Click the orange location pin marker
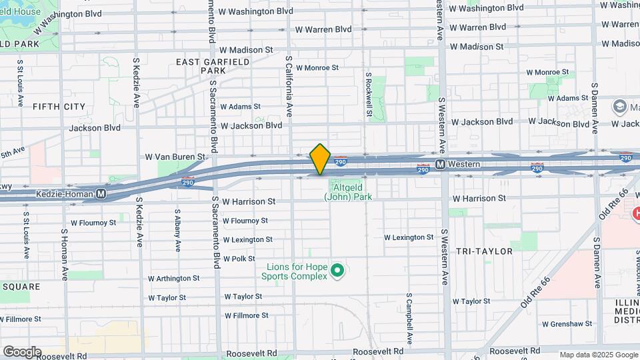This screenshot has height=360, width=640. point(321,159)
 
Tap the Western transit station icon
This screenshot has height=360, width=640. point(441,164)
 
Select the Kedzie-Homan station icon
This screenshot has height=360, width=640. point(101,194)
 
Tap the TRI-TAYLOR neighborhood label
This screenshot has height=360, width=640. point(484,251)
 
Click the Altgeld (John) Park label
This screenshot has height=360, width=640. point(347,192)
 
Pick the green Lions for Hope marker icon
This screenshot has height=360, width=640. point(337,270)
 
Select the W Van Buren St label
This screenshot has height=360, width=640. point(175,157)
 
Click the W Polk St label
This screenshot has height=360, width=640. point(239,259)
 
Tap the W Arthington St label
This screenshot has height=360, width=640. point(173,278)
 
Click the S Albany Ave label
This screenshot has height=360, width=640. point(177,231)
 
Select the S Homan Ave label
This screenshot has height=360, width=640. point(65,254)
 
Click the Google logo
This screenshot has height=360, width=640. point(21,352)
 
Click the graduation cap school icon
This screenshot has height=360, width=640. point(619,107)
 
